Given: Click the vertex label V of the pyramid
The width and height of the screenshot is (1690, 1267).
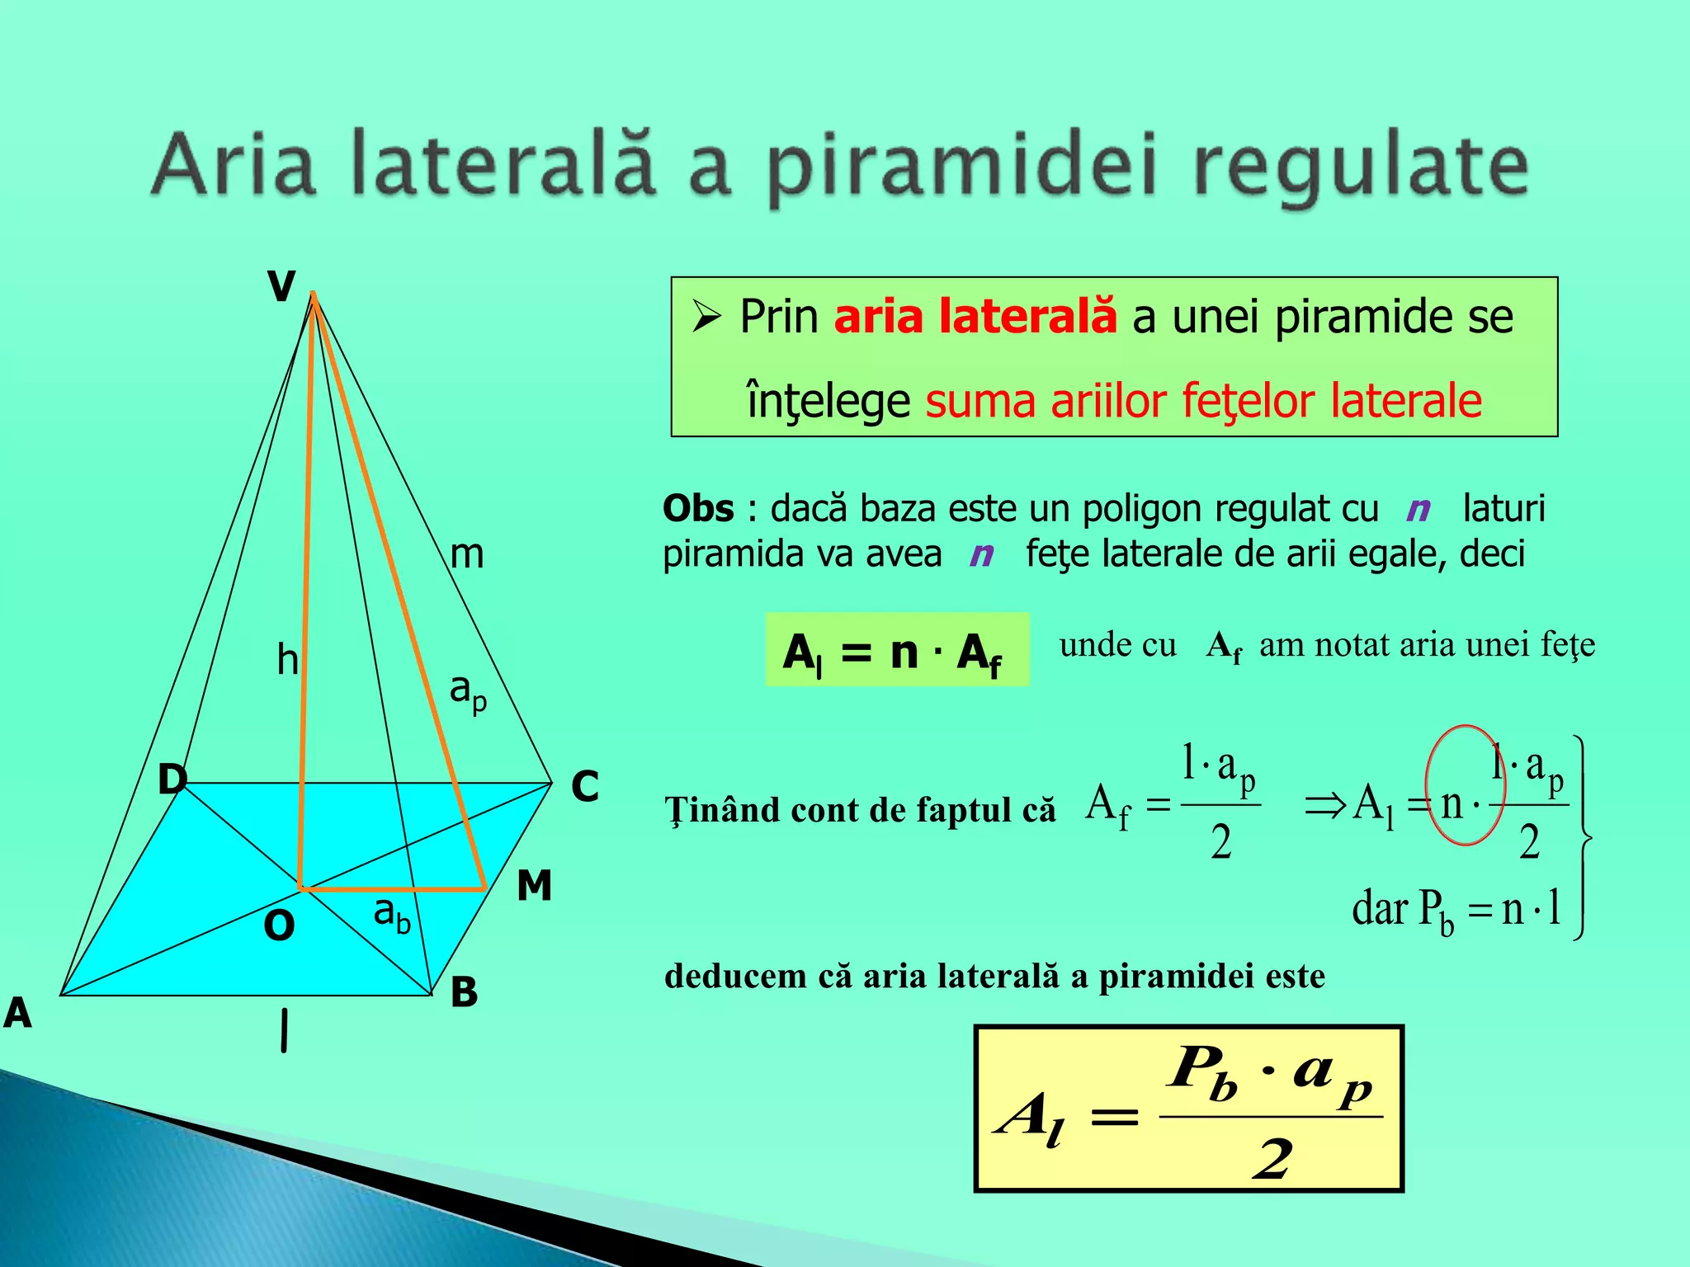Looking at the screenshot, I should [281, 287].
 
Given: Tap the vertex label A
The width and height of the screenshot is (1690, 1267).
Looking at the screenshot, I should [18, 1013].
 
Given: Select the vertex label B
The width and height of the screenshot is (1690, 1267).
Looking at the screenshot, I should [464, 992].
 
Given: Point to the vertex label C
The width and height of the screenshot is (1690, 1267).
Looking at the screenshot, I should [585, 786].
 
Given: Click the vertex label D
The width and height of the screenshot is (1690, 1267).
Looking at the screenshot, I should [172, 779].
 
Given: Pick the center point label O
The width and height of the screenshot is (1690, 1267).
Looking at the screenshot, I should [279, 926].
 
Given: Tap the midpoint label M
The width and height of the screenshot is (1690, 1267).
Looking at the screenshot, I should [534, 886].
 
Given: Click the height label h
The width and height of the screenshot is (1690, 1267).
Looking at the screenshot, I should [287, 660].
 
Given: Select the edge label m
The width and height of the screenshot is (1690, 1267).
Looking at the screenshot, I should [467, 554].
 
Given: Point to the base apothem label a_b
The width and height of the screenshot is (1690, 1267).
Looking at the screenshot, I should [391, 914].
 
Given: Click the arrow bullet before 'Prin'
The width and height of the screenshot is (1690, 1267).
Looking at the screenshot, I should [707, 316].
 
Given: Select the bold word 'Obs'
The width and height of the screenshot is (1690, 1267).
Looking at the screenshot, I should [698, 508].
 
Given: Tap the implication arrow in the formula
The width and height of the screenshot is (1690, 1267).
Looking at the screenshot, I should [1324, 804].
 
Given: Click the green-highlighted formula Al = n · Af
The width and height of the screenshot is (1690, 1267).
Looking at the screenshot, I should [897, 650].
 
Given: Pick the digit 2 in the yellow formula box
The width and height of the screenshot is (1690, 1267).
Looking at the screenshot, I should [1272, 1159].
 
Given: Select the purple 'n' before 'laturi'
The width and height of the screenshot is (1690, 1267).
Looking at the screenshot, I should [1419, 509].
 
